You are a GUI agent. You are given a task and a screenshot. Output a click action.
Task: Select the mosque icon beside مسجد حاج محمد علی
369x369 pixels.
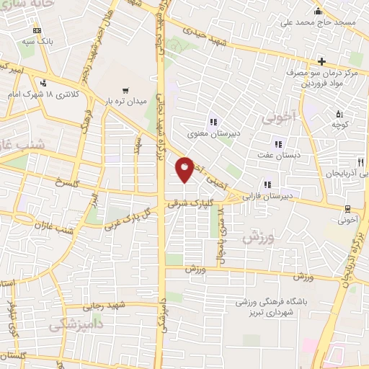(318, 12)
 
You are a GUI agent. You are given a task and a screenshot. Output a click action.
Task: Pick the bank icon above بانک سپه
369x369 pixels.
(37, 31)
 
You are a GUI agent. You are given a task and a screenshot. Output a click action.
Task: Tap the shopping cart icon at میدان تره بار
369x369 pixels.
(125, 91)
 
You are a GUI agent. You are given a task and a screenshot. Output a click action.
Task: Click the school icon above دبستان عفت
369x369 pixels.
(268, 144)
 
